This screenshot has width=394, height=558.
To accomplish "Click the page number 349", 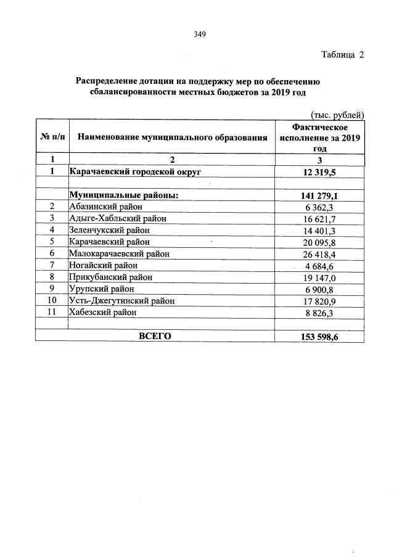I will [199, 34].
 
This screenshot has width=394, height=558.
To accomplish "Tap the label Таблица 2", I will [342, 55].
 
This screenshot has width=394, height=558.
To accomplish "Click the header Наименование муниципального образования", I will [173, 137].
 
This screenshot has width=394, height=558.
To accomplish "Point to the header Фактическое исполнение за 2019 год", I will [319, 137].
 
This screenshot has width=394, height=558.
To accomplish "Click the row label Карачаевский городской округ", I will [135, 171].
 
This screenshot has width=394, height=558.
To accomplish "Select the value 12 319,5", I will [319, 172].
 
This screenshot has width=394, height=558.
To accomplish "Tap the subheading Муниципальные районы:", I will [124, 195].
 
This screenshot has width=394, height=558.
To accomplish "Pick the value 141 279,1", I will [319, 195].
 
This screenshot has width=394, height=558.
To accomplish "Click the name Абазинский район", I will [107, 207].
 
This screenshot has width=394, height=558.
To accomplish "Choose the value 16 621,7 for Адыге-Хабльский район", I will [319, 218].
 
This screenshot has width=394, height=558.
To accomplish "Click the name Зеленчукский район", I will [110, 230].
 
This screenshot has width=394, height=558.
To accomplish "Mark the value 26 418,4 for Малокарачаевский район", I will [319, 253].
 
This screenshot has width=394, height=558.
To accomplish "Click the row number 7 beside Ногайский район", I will [52, 265].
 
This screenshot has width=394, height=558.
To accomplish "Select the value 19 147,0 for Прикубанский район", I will [319, 277].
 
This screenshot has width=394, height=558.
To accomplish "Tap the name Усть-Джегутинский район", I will [122, 300].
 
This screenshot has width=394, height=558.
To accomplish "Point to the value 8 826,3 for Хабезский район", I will [319, 313].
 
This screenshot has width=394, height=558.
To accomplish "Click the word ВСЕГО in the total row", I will [155, 335].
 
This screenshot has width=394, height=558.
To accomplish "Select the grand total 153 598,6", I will [319, 336].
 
